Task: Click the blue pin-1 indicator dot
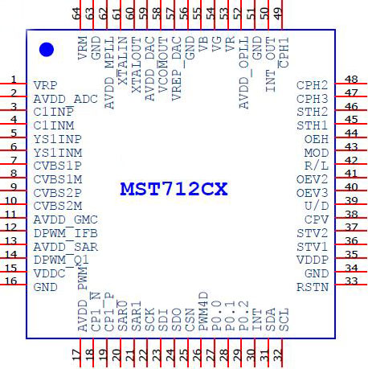[x=47, y=50]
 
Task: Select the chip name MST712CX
[x=174, y=189]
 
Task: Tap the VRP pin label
[x=46, y=85]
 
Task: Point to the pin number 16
[x=11, y=281]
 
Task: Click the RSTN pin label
[x=313, y=287]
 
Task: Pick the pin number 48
[x=351, y=80]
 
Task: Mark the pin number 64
[x=76, y=14]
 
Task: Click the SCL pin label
[x=284, y=320]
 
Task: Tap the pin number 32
[x=278, y=355]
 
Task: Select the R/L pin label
[x=317, y=166]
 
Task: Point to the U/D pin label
[x=317, y=207]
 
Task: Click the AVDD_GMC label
[x=66, y=220]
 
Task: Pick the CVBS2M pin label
[x=58, y=207]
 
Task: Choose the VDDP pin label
[x=313, y=260]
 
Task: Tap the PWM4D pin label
[x=203, y=311]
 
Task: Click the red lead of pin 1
[x=14, y=84]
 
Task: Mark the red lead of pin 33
[x=351, y=285]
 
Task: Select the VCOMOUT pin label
[x=163, y=65]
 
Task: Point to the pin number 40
[x=351, y=187]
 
